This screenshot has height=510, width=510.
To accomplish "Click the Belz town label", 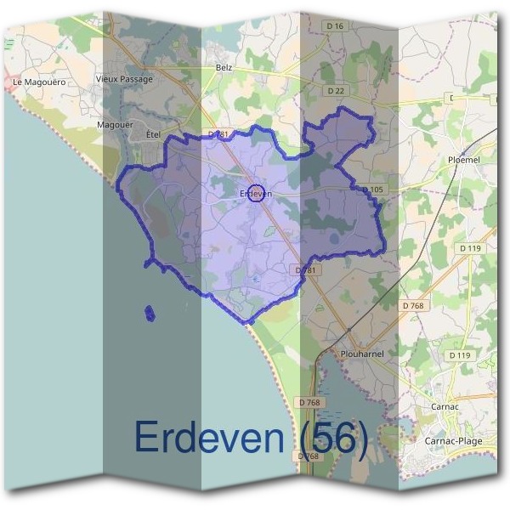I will pyautogui.click(x=224, y=67).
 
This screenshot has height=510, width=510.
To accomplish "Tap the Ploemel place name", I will pyautogui.click(x=464, y=159).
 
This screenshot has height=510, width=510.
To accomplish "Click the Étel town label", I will pyautogui.click(x=153, y=134).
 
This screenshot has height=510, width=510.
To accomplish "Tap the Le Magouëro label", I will pyautogui.click(x=39, y=82).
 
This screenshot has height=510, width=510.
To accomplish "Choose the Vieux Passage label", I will pyautogui.click(x=125, y=79).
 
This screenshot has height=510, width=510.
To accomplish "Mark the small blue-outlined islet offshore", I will pyautogui.click(x=150, y=314).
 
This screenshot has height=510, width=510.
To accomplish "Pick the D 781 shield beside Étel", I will pyautogui.click(x=218, y=134).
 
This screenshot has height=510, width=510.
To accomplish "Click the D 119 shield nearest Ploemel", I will pyautogui.click(x=470, y=248).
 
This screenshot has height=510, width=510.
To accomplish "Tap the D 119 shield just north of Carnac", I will pyautogui.click(x=459, y=354).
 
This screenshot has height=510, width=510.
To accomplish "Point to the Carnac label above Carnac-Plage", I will pyautogui.click(x=445, y=406).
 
